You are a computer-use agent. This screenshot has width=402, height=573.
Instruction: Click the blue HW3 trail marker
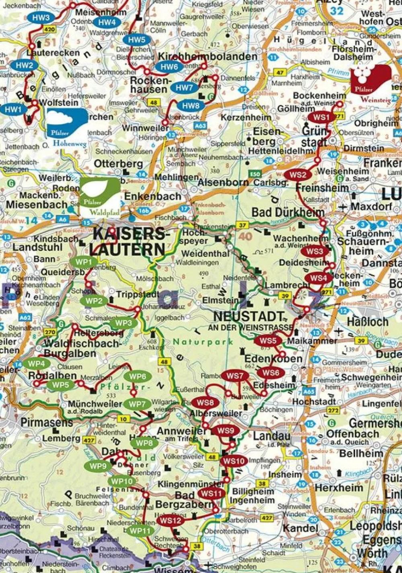(x=41, y=18)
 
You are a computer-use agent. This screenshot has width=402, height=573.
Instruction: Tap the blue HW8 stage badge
(x=191, y=106)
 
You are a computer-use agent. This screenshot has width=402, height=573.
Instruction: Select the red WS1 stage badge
(x=321, y=117)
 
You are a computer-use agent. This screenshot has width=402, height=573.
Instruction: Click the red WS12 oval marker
(x=170, y=520)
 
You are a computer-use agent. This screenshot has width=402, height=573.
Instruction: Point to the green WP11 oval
(x=139, y=531)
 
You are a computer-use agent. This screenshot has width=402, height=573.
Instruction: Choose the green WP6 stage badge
(x=137, y=376)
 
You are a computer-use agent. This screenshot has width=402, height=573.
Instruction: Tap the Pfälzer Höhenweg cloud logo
(x=67, y=124)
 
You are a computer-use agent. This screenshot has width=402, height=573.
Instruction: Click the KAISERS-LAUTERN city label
(x=128, y=242)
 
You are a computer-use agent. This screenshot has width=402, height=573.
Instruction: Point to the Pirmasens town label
(x=47, y=423)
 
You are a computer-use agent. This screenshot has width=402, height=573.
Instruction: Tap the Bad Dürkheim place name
(x=288, y=212)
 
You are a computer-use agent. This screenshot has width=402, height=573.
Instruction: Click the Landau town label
(x=272, y=436)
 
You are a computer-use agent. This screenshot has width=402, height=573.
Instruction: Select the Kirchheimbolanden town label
(x=207, y=56)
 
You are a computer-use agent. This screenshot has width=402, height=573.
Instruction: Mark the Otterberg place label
(x=118, y=164)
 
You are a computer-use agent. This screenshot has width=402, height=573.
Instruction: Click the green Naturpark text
(x=203, y=342)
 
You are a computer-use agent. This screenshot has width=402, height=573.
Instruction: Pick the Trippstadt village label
(x=137, y=294)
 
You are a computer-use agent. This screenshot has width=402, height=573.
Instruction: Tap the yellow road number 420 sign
(x=49, y=29)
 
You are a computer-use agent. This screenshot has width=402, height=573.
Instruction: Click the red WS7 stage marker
(x=235, y=376)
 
